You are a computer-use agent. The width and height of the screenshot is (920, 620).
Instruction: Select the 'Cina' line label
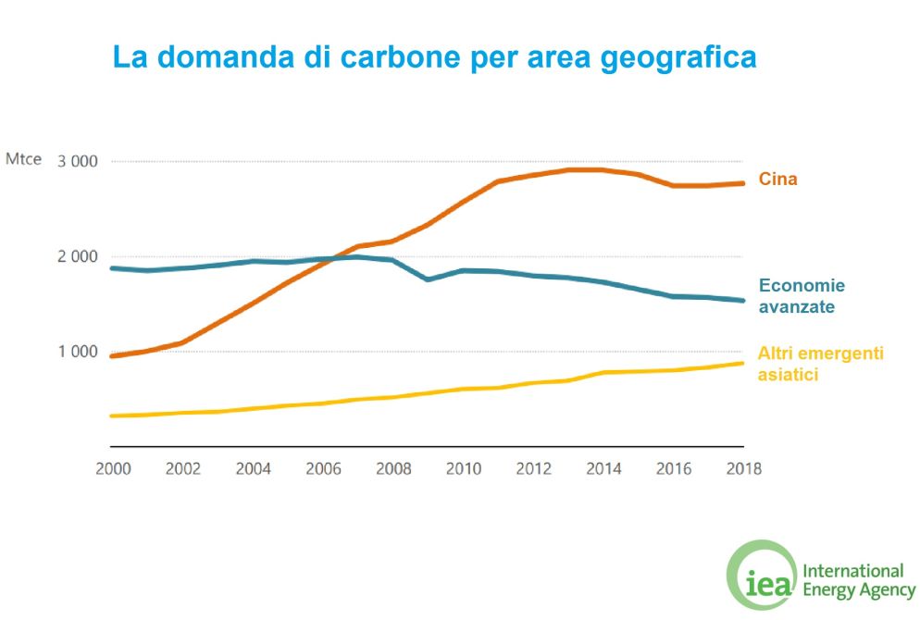[x=777, y=180]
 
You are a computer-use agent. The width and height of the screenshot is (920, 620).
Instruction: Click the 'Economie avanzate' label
[x=802, y=295]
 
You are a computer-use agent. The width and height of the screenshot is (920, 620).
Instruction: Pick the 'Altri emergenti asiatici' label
[x=820, y=364]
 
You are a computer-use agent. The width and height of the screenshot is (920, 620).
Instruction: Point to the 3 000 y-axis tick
[x=78, y=161]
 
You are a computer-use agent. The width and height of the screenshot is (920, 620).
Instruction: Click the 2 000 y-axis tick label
[x=78, y=256]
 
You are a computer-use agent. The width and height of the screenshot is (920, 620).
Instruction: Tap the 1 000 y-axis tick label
[x=78, y=352]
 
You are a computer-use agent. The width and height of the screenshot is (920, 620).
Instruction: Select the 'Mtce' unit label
[x=24, y=160]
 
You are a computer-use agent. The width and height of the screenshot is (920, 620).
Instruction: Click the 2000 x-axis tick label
[x=113, y=468]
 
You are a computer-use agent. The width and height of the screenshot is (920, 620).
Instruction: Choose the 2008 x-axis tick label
[x=393, y=468]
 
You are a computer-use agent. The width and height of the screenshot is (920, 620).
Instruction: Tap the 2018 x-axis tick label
[x=743, y=468]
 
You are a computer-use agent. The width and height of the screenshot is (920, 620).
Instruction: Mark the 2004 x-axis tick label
[x=253, y=468]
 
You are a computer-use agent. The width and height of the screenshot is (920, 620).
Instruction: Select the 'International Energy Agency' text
[x=859, y=580]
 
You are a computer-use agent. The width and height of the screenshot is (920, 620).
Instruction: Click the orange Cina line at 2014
[x=603, y=169]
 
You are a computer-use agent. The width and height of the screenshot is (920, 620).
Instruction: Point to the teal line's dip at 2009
[x=429, y=279]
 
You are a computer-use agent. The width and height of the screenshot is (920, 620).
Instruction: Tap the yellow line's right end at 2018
[x=742, y=363]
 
